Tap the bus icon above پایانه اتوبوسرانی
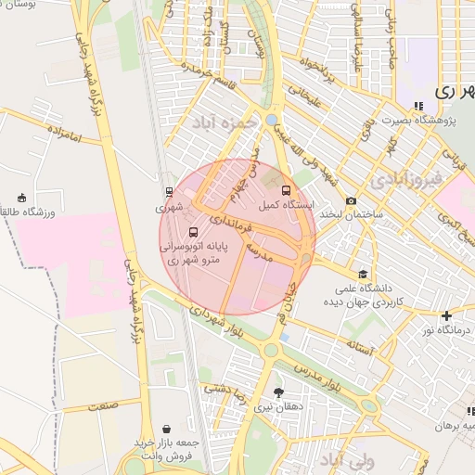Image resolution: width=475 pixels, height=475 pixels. point(193,232)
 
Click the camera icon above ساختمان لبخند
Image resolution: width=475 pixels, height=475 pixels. point(351,201)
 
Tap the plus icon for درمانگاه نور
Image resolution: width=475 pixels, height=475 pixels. point(447,315)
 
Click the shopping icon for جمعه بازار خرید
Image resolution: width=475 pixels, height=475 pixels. point(165,429)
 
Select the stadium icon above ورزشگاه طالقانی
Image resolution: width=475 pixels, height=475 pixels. point(21,198)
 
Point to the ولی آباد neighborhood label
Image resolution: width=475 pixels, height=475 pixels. point(345,460)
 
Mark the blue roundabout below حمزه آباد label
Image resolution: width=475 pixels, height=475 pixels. point(269,120)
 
